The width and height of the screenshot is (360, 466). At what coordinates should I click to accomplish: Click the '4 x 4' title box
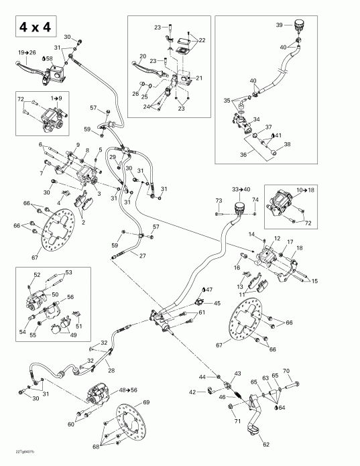[x=32, y=27]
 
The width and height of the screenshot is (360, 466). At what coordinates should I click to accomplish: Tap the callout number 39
[x=280, y=24]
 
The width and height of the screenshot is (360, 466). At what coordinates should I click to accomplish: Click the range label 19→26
[x=27, y=52]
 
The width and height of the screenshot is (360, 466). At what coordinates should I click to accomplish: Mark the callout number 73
[x=218, y=200]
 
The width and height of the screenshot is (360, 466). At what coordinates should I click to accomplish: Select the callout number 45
[x=217, y=304]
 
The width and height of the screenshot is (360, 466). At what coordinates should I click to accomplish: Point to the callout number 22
[x=202, y=41]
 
